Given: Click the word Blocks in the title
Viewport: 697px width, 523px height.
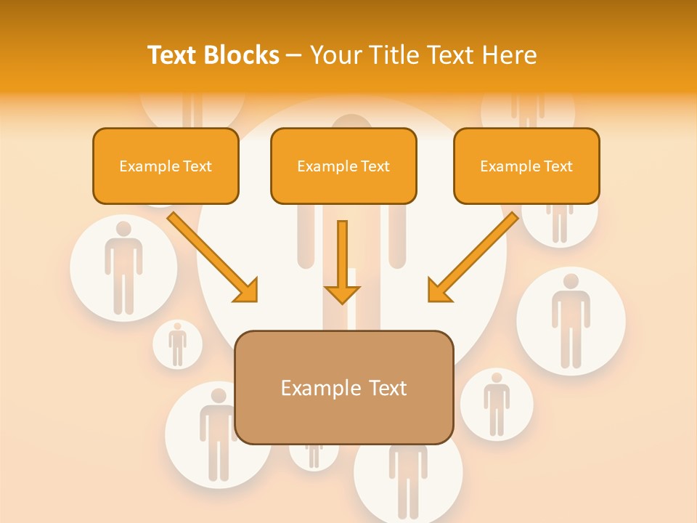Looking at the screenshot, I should coord(243,55).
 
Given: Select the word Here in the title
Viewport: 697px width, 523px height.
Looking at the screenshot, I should coord(510,55).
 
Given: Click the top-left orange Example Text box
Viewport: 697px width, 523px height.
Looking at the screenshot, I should coord(166,166).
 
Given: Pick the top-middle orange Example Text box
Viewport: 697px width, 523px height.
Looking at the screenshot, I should coord(343,166).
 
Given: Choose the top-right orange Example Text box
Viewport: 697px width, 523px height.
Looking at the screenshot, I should coord(526,166).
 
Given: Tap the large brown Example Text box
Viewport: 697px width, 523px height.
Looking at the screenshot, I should coord(344,388).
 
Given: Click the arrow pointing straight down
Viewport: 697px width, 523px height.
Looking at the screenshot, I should coord(342,261).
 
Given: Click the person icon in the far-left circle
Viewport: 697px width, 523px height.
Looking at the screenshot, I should coord(123,267).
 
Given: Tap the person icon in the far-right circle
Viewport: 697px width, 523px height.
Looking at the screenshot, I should coord(571,320).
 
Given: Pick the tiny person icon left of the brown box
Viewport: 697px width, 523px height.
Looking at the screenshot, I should coord(177,344).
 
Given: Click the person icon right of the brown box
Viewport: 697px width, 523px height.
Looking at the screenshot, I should coord(497,404).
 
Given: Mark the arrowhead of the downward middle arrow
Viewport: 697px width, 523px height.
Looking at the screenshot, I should coord(342,293).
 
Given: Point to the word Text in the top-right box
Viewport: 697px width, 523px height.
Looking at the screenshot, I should coord(558,166).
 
